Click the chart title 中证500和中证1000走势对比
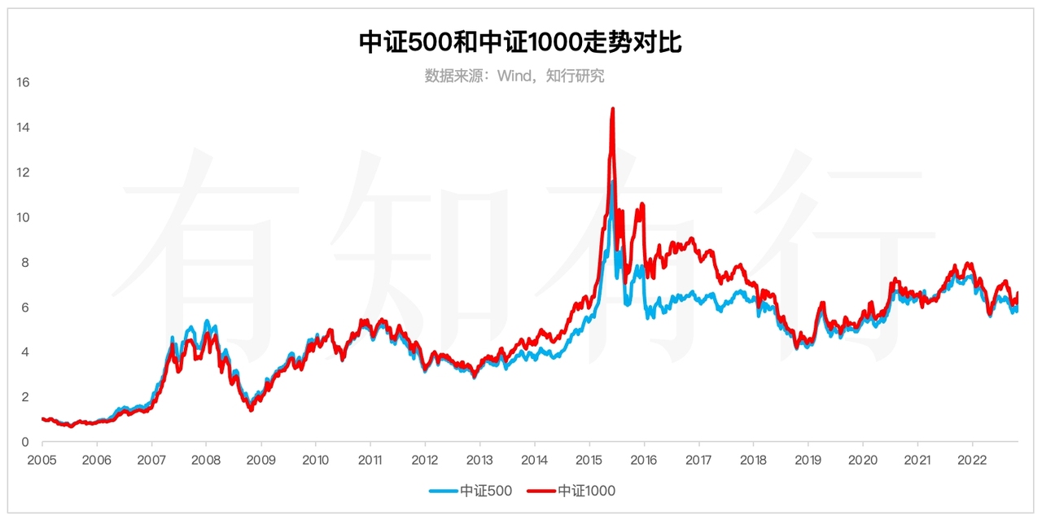click(520, 42)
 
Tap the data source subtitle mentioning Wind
click(514, 76)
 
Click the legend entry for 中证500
click(472, 491)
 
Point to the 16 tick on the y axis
click(23, 82)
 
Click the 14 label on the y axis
click(23, 128)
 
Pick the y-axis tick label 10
click(23, 217)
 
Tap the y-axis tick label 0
click(26, 442)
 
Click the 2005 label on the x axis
click(42, 459)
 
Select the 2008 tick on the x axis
click(206, 459)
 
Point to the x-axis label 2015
click(589, 459)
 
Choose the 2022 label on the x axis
click(973, 459)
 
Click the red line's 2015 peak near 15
click(612, 109)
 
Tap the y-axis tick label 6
click(26, 308)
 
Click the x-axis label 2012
click(425, 459)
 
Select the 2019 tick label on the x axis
click(808, 459)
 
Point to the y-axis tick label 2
click(26, 397)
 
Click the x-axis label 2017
click(698, 459)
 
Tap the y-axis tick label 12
click(23, 172)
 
